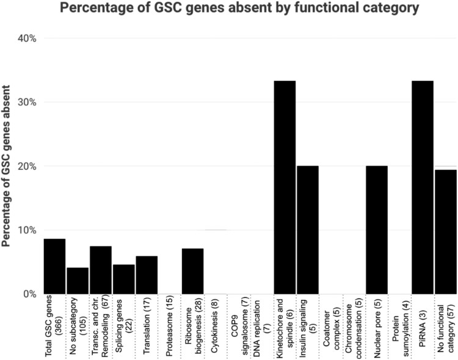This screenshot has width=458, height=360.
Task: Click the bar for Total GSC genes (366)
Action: pos(54,266)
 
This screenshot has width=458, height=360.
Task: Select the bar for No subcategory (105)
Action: pos(78,281)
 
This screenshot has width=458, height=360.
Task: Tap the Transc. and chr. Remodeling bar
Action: pos(101,270)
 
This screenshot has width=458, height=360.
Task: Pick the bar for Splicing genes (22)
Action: pos(124,279)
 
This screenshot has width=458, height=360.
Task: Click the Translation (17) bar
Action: pos(147,275)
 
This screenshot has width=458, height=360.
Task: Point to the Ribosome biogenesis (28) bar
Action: pos(193,271)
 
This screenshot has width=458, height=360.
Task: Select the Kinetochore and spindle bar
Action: pos(285,187)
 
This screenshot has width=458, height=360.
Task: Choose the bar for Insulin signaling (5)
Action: pos(308,230)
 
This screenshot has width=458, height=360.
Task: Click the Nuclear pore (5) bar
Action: pos(377,230)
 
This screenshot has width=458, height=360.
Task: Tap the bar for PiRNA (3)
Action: pos(423,187)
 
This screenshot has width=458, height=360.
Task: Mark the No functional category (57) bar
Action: pos(446,232)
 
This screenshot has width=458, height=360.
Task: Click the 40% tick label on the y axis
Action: pos(26,39)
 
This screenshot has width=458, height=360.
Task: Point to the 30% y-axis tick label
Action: pos(26,102)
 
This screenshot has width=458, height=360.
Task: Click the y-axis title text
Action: pos(6,166)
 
